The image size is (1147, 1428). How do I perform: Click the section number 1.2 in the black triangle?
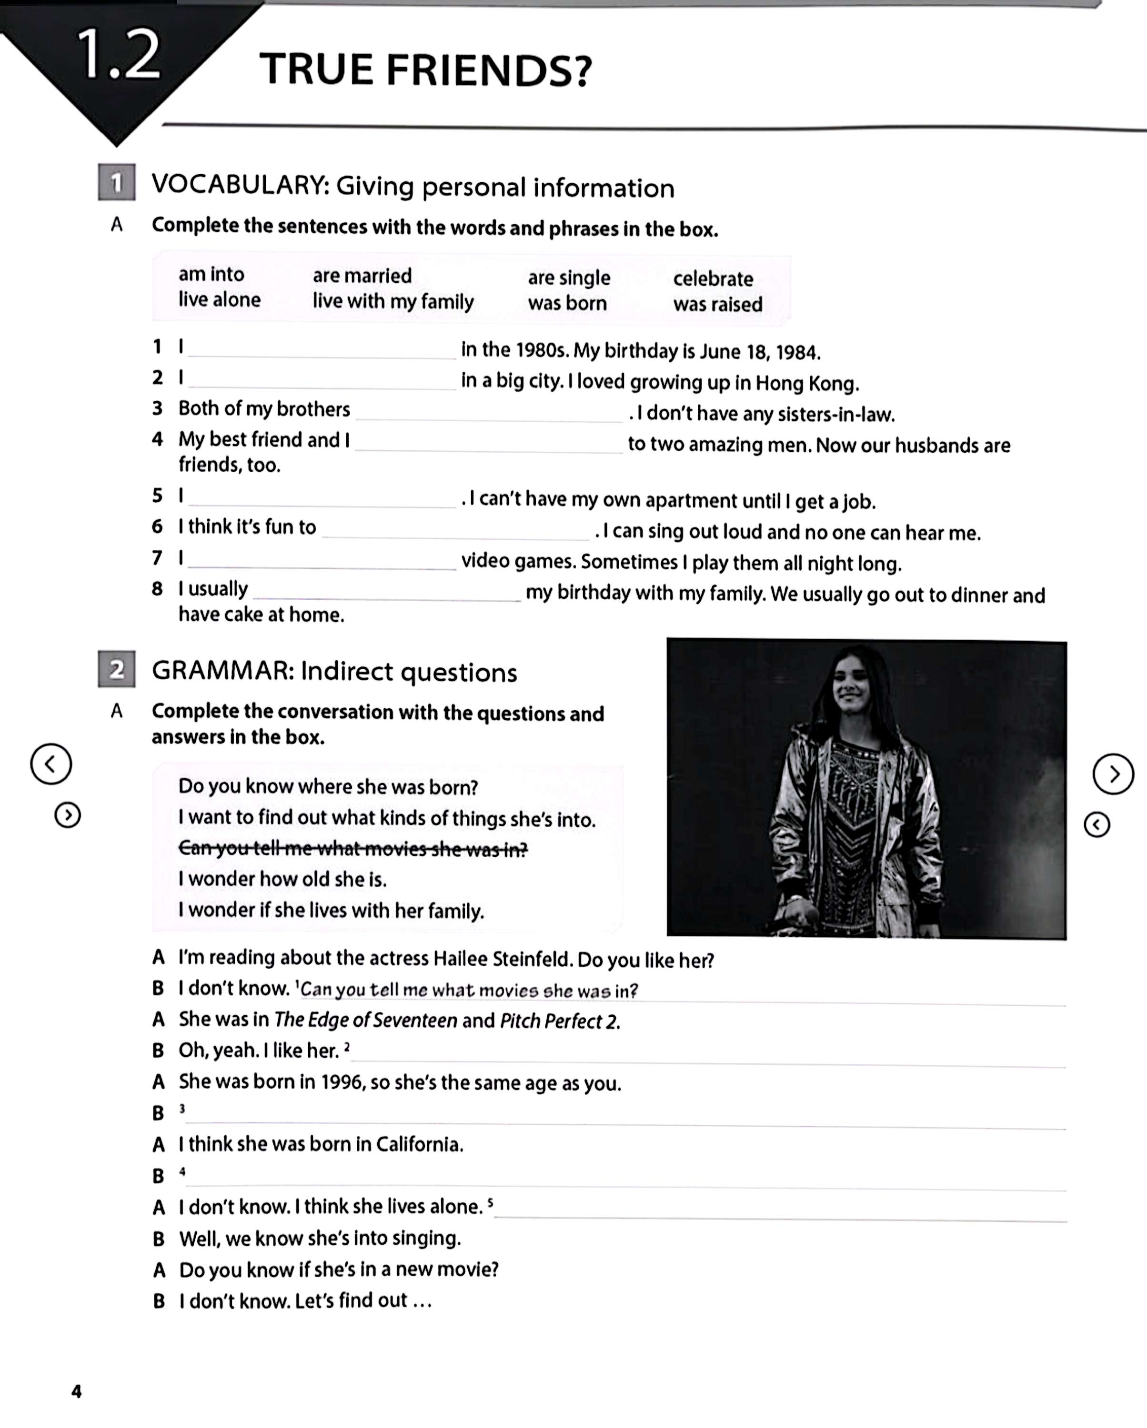pos(118,56)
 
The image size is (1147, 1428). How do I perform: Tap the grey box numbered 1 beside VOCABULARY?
pos(117,182)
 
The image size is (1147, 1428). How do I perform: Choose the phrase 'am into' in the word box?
pos(211,274)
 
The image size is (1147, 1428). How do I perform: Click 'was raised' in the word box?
pos(718,304)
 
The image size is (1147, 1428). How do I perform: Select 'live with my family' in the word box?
pos(393,301)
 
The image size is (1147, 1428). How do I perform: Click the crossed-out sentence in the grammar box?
pos(352,848)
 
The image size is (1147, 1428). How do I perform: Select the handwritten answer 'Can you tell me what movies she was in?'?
pos(469,990)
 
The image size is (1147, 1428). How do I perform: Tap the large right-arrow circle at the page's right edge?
pos(1113,773)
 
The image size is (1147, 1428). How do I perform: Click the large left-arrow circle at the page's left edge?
pos(51,764)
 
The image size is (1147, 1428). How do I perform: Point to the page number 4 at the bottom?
pos(76,1391)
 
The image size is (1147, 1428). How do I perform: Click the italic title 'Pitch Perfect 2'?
pos(559,1021)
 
